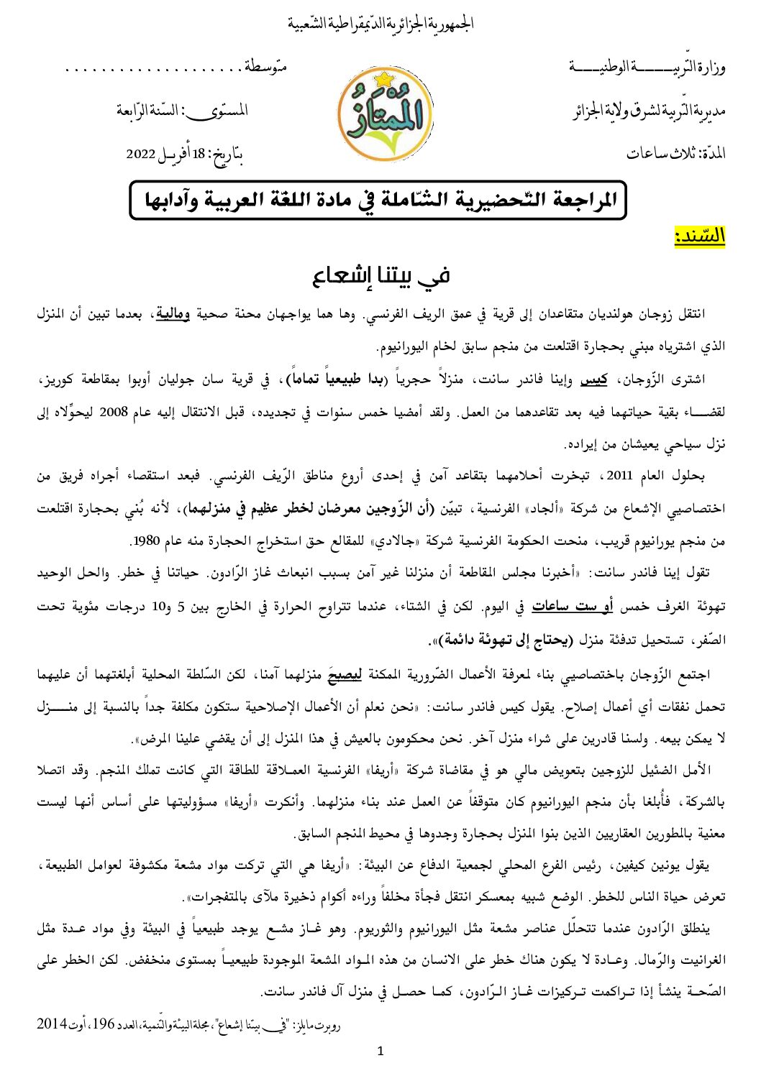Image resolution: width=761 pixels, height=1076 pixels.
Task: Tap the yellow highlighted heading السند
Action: click(x=699, y=236)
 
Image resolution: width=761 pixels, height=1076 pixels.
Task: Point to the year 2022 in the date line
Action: click(x=142, y=154)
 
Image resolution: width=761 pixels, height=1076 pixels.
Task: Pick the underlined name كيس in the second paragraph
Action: click(x=614, y=380)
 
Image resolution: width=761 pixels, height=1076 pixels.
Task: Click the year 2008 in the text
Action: click(x=112, y=412)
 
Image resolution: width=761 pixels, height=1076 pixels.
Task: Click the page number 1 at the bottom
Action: click(x=380, y=1052)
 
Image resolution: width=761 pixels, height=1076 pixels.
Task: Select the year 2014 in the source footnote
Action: click(x=52, y=1023)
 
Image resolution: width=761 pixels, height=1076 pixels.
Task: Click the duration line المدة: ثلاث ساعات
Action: click(x=675, y=154)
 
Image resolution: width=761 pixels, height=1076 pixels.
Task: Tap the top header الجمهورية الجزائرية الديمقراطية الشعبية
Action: click(x=381, y=24)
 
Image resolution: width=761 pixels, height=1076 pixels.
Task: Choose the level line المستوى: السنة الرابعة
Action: click(x=183, y=111)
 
